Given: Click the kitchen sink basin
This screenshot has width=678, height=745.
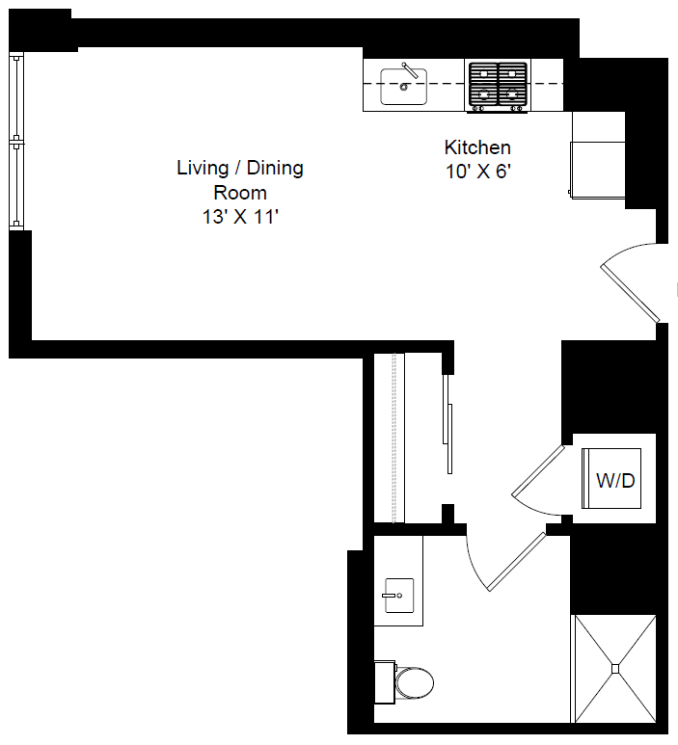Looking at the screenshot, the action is click(x=403, y=87).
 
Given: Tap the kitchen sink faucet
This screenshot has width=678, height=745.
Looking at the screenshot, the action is click(x=410, y=70).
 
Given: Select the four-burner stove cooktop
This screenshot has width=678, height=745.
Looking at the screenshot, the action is click(x=498, y=86).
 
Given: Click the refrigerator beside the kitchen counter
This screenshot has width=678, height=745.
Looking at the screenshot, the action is click(x=598, y=170).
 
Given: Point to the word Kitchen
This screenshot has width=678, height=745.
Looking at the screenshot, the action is click(x=477, y=147).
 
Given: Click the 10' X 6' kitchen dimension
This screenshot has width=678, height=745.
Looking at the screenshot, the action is click(x=477, y=171).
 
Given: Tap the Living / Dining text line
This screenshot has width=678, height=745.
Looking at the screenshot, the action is click(x=240, y=169).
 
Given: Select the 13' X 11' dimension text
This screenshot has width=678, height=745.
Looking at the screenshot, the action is click(x=240, y=217).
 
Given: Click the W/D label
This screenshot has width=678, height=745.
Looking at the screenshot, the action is click(x=615, y=481).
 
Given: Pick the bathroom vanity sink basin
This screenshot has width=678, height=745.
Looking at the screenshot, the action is click(x=399, y=596).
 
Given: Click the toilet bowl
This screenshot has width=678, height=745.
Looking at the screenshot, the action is click(x=414, y=683).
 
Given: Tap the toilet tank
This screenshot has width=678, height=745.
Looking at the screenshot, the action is click(x=385, y=682).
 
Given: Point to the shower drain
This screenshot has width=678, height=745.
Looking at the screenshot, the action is click(x=615, y=669).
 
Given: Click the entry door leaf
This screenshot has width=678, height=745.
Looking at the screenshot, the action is click(x=630, y=293).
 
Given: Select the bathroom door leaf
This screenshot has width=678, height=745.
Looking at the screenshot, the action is click(x=517, y=562).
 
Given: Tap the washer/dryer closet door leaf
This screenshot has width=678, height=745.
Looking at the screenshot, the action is click(x=538, y=471).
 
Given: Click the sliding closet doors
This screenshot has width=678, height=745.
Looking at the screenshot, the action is click(x=447, y=424).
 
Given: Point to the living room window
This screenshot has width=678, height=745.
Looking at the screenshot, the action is click(x=16, y=142).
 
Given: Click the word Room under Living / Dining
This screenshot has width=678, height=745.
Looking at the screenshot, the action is click(x=240, y=193).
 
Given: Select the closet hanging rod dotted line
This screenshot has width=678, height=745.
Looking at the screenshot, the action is click(x=393, y=438).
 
